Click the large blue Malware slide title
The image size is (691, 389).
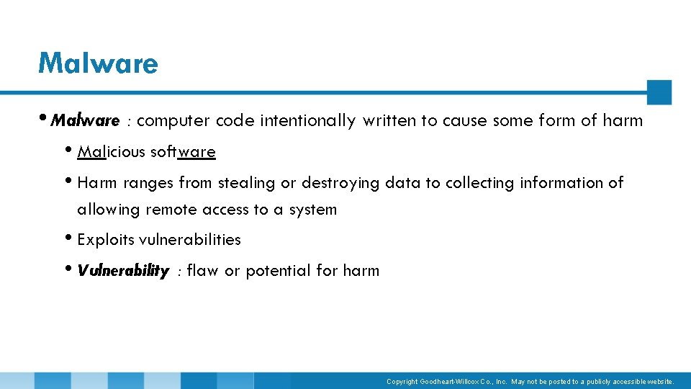[x=98, y=63]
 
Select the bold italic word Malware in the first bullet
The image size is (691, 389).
[x=85, y=120]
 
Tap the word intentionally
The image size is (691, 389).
[x=307, y=121]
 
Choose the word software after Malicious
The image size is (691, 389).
[x=183, y=152]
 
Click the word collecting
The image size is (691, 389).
[x=478, y=183]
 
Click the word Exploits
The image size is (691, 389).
[x=105, y=239]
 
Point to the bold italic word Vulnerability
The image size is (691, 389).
[x=123, y=271]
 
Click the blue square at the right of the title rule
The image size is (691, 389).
[x=659, y=92]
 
